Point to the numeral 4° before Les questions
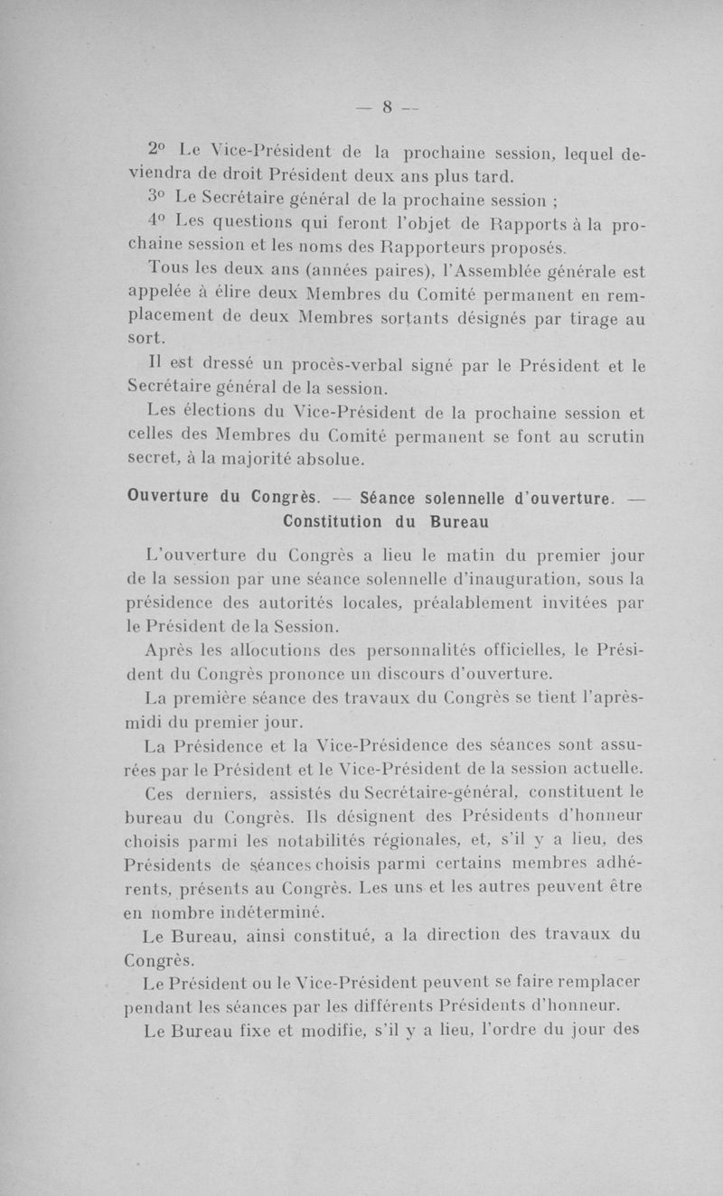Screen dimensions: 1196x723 click(156, 222)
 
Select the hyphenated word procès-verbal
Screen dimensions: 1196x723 click(330, 367)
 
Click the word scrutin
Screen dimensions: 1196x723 click(610, 439)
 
